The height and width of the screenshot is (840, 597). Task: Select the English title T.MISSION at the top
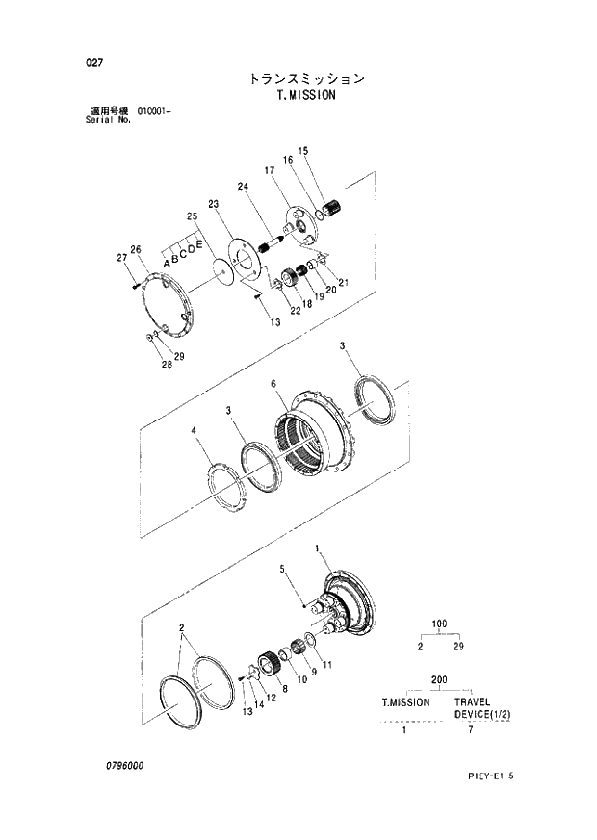pos(304,96)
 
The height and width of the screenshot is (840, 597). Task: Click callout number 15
pos(302,151)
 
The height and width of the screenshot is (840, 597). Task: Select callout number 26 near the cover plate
pos(136,250)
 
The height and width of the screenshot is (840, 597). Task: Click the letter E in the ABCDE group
pos(199,248)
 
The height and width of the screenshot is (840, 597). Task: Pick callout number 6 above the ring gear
pos(273,384)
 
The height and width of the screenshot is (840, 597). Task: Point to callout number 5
pos(282,570)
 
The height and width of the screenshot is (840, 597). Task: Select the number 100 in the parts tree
pos(439,624)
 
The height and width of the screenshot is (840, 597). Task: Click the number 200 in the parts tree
pos(439,679)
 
